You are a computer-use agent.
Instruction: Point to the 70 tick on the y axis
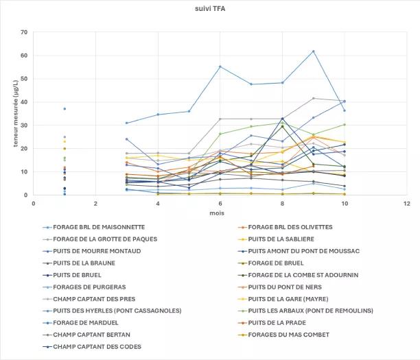coord(24,32)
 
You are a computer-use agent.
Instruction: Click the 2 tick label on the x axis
coord(95,203)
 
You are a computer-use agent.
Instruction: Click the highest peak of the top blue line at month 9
coord(313,51)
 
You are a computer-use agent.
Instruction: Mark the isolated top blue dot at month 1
coord(65,108)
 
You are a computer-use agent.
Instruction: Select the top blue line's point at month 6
coord(220,67)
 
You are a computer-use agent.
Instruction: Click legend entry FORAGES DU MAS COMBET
coord(288,335)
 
